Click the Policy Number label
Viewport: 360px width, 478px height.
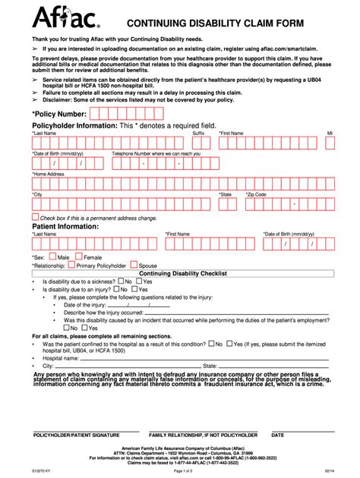(59, 114)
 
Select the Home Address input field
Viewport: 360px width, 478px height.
(182, 184)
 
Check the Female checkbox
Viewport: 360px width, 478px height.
(77, 256)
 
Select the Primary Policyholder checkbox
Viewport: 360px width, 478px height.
(71, 266)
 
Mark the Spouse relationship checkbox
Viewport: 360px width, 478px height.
(134, 266)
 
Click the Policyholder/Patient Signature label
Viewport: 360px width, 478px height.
(76, 436)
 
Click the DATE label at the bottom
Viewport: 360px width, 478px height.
(277, 436)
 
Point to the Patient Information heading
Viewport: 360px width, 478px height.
(65, 225)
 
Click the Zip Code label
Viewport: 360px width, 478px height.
(256, 194)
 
